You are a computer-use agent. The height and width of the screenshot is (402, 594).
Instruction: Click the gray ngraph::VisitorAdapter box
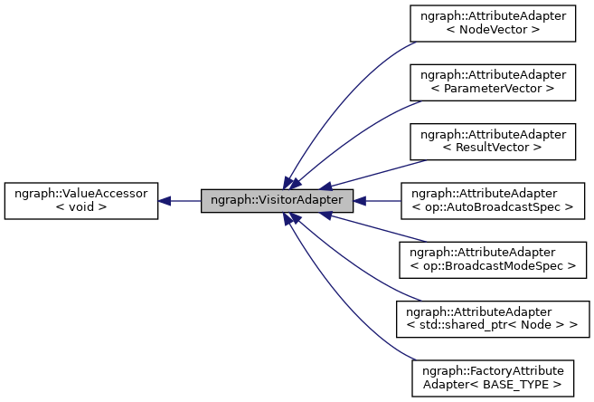pyautogui.click(x=276, y=200)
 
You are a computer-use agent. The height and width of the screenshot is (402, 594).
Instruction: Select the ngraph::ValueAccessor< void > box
pyautogui.click(x=81, y=200)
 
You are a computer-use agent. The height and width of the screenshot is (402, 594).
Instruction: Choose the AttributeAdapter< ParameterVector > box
pyautogui.click(x=493, y=81)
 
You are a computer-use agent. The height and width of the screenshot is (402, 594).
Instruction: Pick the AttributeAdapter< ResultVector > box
pyautogui.click(x=493, y=140)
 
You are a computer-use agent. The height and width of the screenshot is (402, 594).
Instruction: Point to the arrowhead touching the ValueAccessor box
pyautogui.click(x=166, y=200)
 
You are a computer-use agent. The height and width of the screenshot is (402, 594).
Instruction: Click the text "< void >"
pyautogui.click(x=81, y=207)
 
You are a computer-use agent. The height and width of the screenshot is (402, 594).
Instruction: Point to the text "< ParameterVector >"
pyautogui.click(x=493, y=89)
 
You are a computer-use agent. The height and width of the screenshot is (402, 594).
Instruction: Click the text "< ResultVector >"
pyautogui.click(x=493, y=148)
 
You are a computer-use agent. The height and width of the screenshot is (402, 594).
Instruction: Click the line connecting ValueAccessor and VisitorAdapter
pyautogui.click(x=185, y=200)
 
